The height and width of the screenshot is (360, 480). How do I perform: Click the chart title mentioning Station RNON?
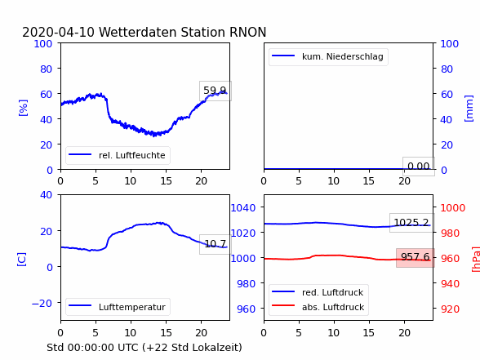pyautogui.click(x=144, y=32)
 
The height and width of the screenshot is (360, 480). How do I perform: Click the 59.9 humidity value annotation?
pyautogui.click(x=215, y=91)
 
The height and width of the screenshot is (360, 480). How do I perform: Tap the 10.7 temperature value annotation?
pyautogui.click(x=216, y=244)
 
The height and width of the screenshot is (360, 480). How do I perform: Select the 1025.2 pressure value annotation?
pyautogui.click(x=411, y=223)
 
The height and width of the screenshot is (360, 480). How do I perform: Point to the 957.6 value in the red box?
pyautogui.click(x=415, y=257)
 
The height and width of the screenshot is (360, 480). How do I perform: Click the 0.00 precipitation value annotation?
pyautogui.click(x=419, y=167)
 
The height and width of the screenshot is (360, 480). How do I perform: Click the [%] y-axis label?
pyautogui.click(x=23, y=108)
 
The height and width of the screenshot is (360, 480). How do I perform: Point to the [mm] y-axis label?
pyautogui.click(x=469, y=109)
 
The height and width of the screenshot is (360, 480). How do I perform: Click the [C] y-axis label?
pyautogui.click(x=21, y=260)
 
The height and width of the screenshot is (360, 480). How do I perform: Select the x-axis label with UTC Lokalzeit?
pyautogui.click(x=144, y=348)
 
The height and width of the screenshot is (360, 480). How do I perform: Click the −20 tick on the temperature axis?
pyautogui.click(x=42, y=304)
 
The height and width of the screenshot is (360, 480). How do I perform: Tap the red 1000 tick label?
pyautogui.click(x=453, y=208)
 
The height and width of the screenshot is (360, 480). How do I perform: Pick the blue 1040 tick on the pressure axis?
pyautogui.click(x=243, y=208)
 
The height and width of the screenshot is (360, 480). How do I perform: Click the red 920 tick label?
pyautogui.click(x=450, y=309)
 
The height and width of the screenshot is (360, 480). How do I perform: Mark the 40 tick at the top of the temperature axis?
pyautogui.click(x=46, y=194)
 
